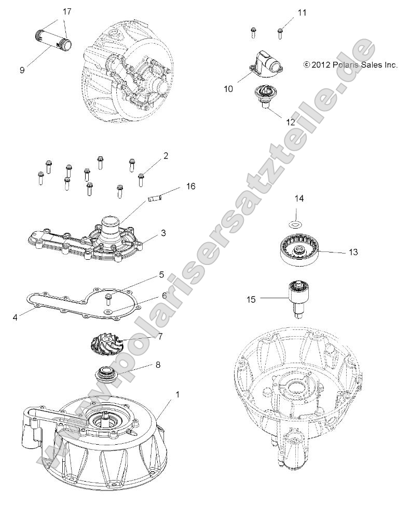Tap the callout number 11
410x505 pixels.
point(301,12)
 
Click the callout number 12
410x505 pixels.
point(290,122)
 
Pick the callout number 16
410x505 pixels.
point(191,186)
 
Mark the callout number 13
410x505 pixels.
point(353,252)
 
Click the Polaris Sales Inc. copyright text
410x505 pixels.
point(350,65)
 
